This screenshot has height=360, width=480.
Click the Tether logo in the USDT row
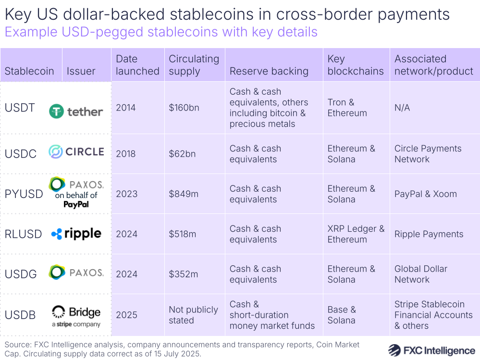point(76,112)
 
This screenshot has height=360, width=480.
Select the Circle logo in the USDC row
point(76,152)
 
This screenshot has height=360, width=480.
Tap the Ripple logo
point(76,234)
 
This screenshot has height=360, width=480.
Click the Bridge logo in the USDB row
point(76,315)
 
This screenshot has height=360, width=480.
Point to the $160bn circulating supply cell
point(184,108)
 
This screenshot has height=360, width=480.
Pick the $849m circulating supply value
point(183,194)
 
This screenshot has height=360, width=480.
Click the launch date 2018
point(126,154)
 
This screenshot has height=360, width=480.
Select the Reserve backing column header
point(269,71)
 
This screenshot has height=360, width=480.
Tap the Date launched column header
point(137,65)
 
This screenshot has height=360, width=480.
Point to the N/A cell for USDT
point(402,108)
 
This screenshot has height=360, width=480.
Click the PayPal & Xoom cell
point(426,194)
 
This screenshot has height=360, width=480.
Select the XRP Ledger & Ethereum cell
point(356,234)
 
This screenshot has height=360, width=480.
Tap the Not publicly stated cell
point(193,315)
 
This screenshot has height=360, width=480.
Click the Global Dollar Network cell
point(421,274)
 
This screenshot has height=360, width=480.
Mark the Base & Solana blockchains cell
point(342,315)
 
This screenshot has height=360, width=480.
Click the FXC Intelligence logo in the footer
point(431,350)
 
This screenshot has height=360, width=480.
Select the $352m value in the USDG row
point(183,274)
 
